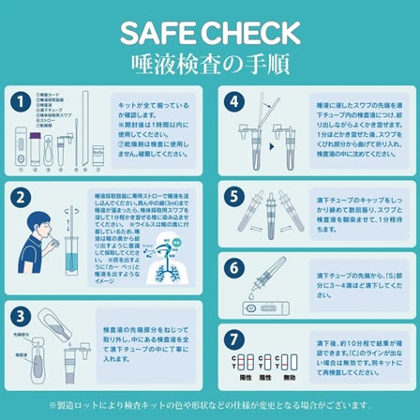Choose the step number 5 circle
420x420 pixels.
click(234, 197)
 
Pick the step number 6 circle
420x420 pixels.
click(234, 266)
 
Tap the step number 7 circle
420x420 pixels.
click(234, 338)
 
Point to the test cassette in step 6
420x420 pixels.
click(264, 307)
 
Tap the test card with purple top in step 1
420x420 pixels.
click(37, 143)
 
